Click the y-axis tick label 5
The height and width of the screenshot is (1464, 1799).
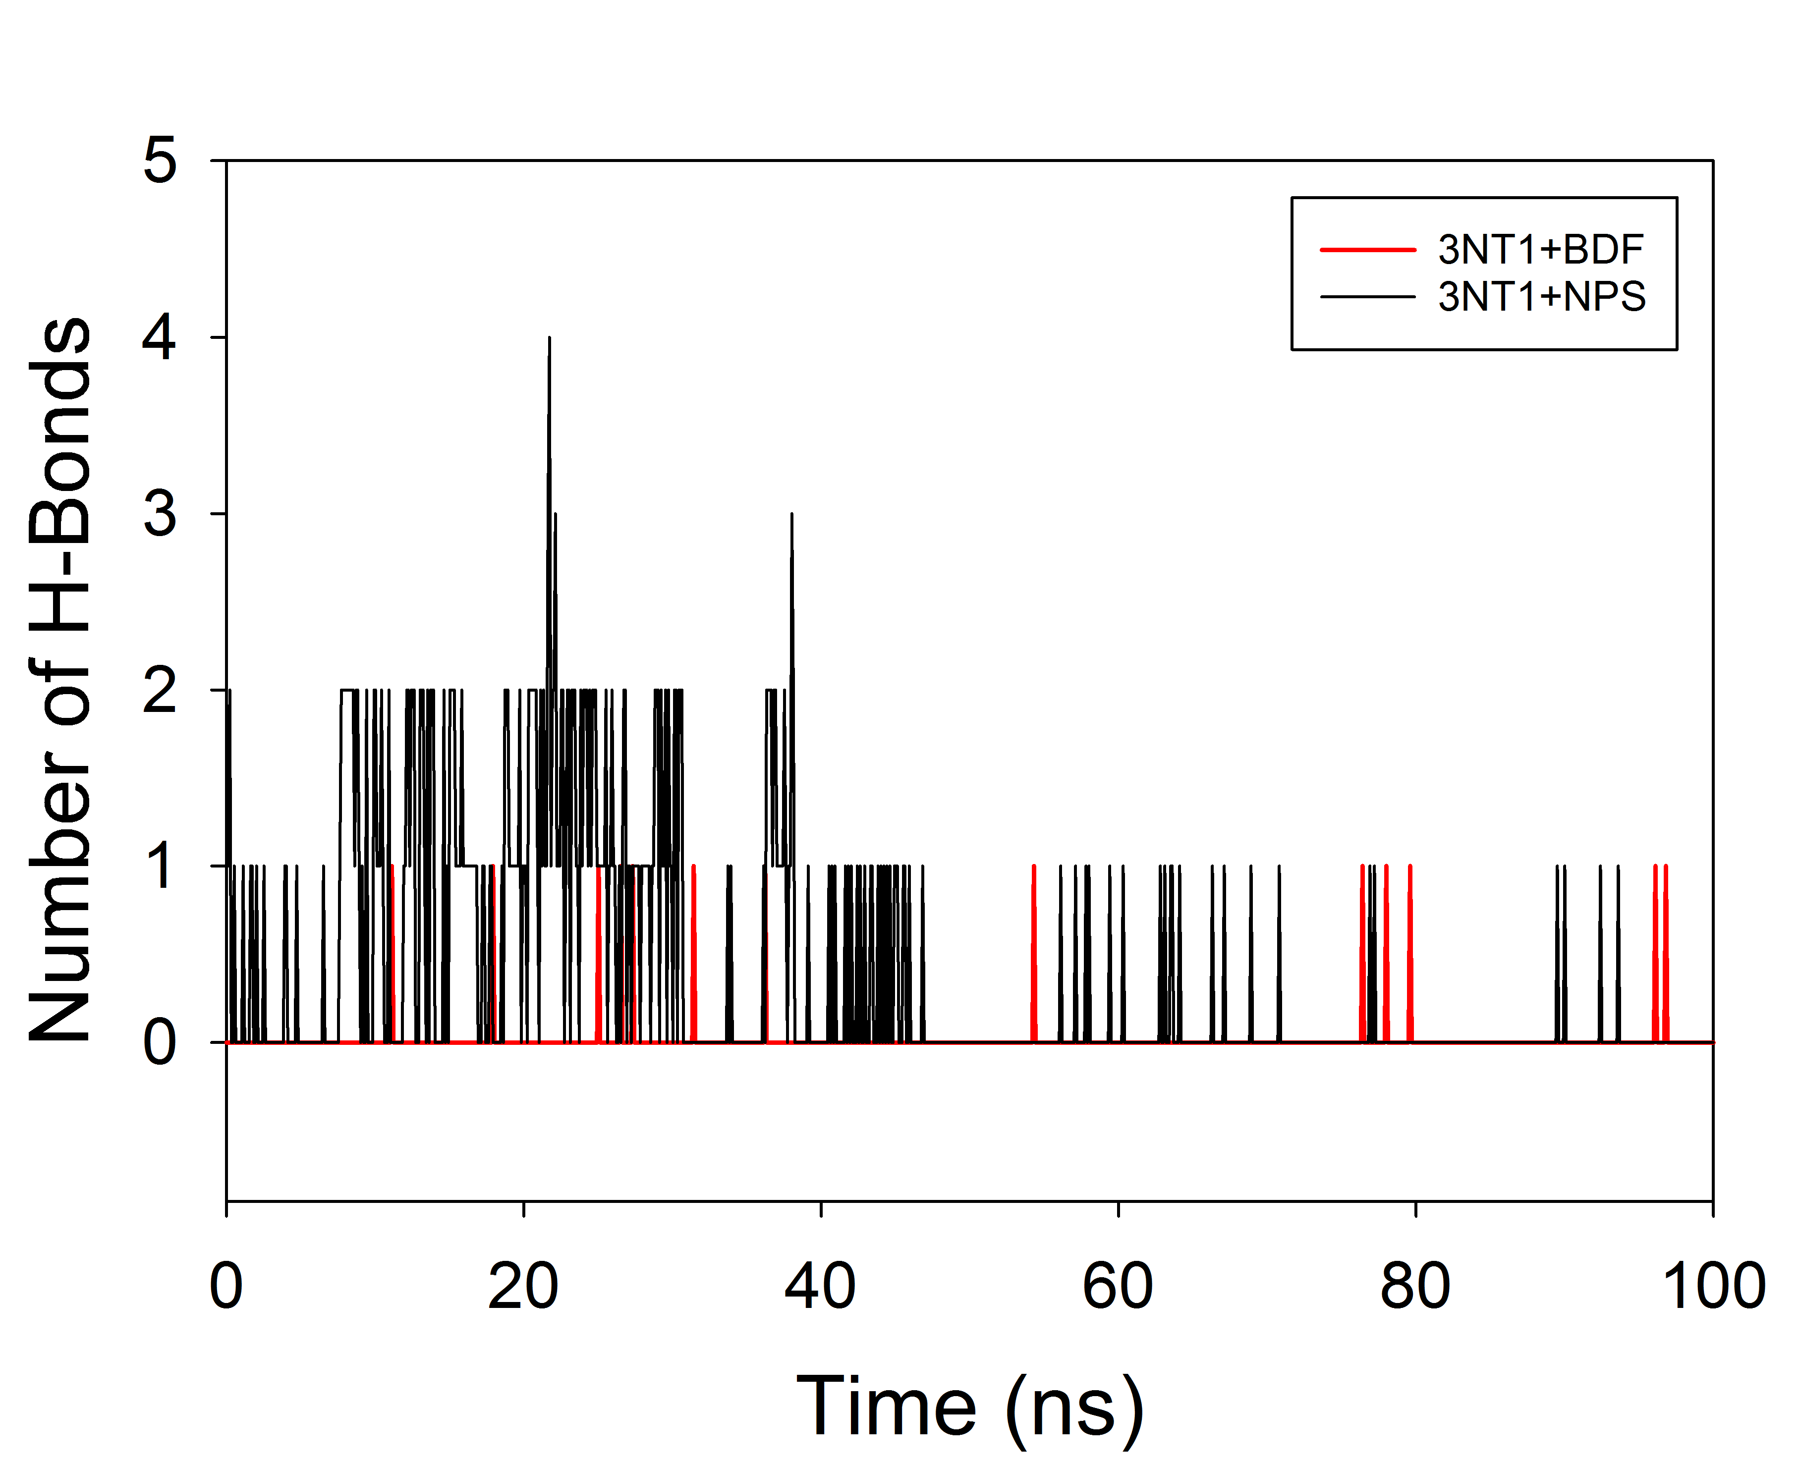[160, 160]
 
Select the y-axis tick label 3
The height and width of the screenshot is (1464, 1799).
[160, 514]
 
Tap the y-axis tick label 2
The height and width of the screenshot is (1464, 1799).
[160, 691]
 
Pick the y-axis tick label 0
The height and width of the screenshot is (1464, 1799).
[160, 1043]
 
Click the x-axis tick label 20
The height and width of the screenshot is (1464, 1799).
[523, 1287]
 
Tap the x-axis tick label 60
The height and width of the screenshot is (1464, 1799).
[1118, 1287]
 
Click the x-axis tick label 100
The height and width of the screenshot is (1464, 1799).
[1713, 1287]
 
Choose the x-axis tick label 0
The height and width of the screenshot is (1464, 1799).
[226, 1287]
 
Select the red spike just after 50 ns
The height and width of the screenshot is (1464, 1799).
[1034, 868]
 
